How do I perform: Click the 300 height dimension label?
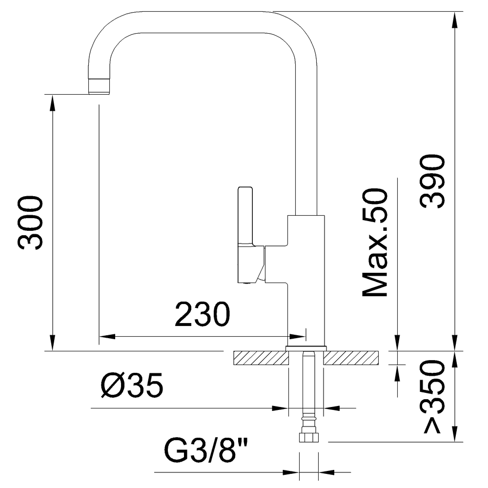[x=30, y=223]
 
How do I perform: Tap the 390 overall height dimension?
[x=432, y=182]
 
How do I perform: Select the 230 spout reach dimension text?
[x=203, y=314]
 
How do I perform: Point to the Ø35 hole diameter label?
[x=132, y=386]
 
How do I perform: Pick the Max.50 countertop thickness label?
[x=375, y=242]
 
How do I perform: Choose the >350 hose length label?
[x=432, y=396]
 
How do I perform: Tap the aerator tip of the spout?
[x=99, y=86]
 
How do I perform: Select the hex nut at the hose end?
[x=309, y=437]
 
